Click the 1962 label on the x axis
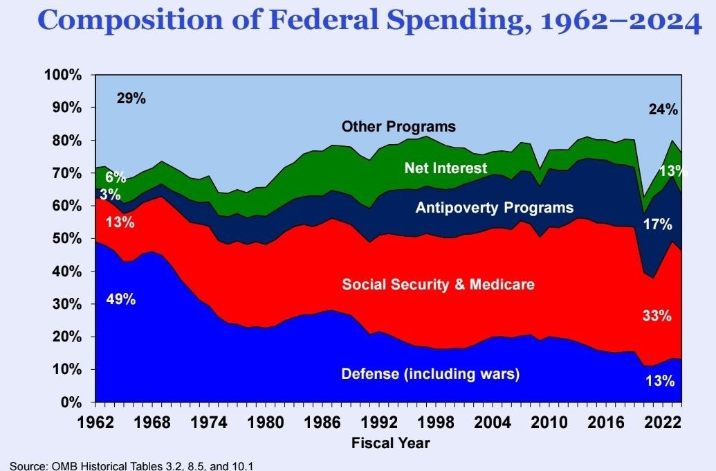click(x=96, y=421)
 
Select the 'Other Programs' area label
click(x=398, y=127)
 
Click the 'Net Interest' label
click(x=446, y=168)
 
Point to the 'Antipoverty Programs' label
click(x=494, y=207)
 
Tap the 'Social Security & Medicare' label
click(x=438, y=284)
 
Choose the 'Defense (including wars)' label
click(x=430, y=374)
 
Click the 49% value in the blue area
click(x=121, y=299)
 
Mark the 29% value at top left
click(x=131, y=98)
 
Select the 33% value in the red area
click(x=657, y=316)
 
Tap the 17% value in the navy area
click(x=658, y=224)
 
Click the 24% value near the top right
click(x=663, y=109)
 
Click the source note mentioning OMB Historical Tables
click(x=131, y=465)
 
